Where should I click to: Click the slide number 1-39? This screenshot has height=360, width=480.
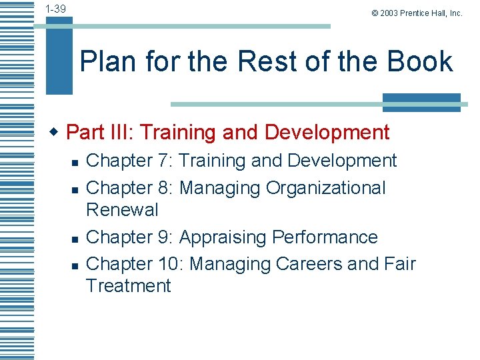(56, 9)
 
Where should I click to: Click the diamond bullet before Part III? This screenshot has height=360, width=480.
(57, 131)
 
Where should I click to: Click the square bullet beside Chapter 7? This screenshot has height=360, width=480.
(75, 162)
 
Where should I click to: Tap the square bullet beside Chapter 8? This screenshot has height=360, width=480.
(75, 189)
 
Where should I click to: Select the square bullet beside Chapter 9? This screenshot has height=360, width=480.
(75, 238)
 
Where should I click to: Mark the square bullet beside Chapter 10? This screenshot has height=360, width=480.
(75, 265)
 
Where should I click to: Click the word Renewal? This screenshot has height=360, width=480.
(123, 209)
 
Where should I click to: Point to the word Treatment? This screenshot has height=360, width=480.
(128, 286)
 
